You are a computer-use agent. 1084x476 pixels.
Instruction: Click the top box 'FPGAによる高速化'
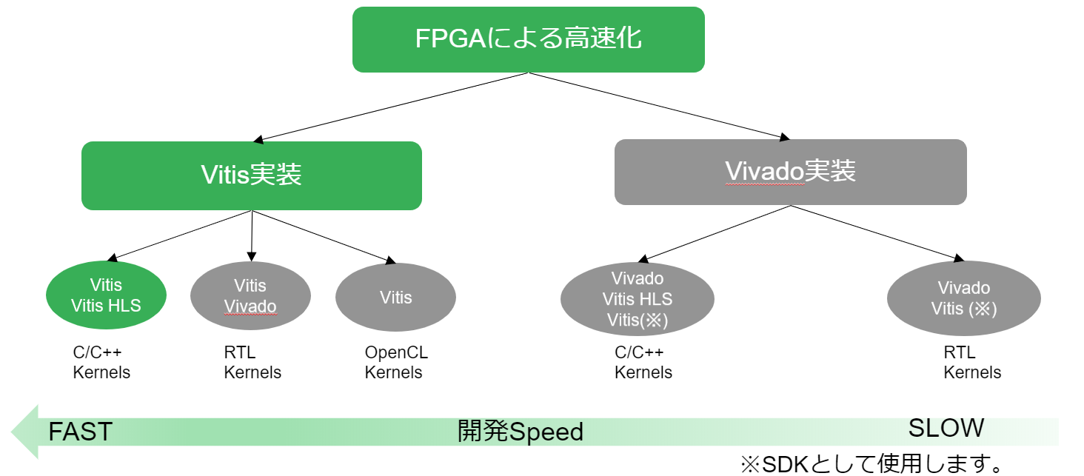click(528, 39)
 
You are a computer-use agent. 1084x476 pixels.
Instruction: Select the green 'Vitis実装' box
click(251, 175)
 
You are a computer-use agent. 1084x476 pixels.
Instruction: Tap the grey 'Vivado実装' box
click(790, 172)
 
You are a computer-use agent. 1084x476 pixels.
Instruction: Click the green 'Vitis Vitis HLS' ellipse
click(106, 295)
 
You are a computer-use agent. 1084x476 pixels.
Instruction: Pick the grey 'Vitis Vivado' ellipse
click(250, 296)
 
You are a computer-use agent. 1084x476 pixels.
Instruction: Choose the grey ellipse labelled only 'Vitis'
click(395, 298)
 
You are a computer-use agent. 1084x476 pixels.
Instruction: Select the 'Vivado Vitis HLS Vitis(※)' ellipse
click(638, 299)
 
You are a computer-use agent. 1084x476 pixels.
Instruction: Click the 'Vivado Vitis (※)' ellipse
click(963, 298)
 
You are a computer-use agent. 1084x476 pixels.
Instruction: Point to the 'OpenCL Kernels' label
click(395, 363)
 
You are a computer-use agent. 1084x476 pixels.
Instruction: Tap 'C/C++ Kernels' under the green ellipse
click(102, 363)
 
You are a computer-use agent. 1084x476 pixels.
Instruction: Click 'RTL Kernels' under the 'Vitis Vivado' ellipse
click(252, 363)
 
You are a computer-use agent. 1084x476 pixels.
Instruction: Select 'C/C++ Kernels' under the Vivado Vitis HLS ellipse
click(643, 363)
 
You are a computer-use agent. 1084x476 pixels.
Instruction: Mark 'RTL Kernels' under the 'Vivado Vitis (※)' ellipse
click(972, 363)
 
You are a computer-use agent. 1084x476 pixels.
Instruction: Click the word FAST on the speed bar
click(80, 432)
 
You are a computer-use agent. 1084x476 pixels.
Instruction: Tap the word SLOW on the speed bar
click(946, 428)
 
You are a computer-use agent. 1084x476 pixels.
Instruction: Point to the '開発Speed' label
click(520, 432)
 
